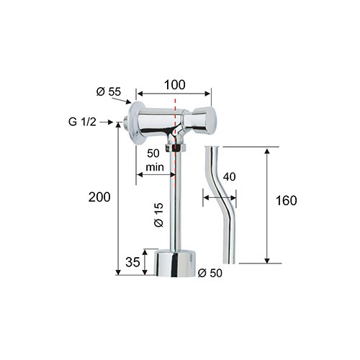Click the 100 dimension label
[174, 85]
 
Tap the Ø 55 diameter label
[109, 91]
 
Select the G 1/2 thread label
[82, 122]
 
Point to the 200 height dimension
[99, 197]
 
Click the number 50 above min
[153, 153]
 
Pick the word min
[155, 167]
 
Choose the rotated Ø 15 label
[158, 215]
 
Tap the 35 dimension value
[132, 262]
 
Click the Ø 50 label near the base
[210, 273]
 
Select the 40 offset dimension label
[230, 177]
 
